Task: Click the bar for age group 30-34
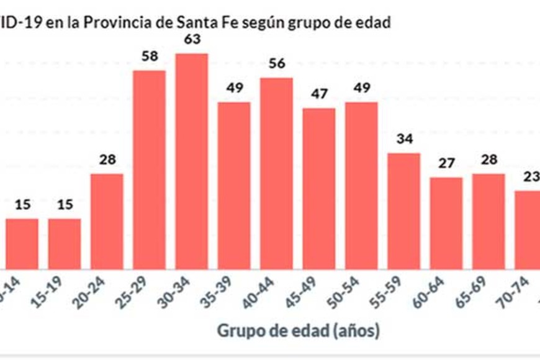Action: [x=192, y=161]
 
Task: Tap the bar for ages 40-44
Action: [x=276, y=173]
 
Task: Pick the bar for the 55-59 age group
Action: [x=403, y=211]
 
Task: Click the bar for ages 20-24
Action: [x=107, y=221]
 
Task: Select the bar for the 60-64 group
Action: [x=446, y=223]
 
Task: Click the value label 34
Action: [x=403, y=140]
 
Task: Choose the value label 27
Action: [x=446, y=164]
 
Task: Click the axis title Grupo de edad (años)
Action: [x=298, y=331]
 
